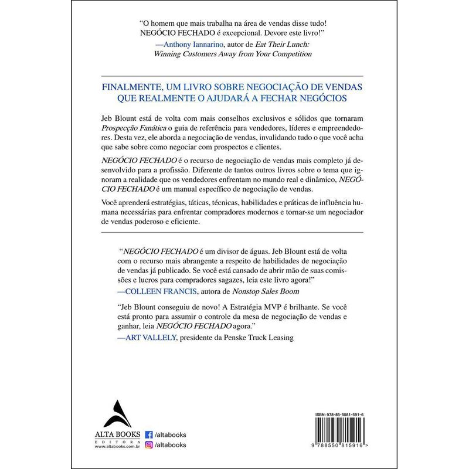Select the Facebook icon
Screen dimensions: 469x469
point(148,434)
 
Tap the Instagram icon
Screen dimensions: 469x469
point(148,445)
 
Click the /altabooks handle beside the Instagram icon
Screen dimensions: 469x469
point(170,445)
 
